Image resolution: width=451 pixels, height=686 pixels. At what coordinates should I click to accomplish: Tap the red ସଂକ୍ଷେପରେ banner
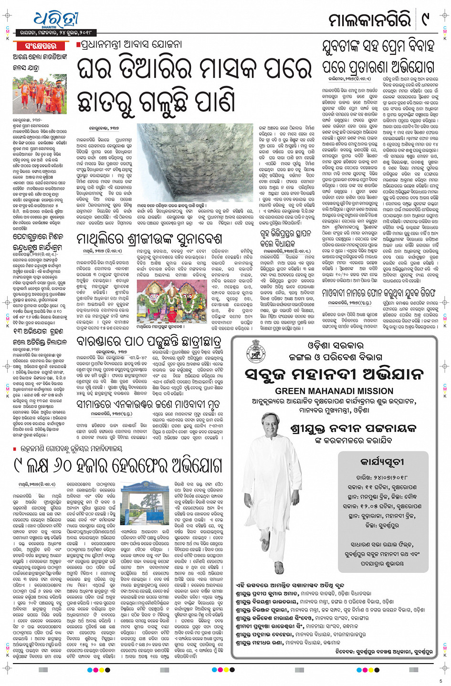(x=41, y=46)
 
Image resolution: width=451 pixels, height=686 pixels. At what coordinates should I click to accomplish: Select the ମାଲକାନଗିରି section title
(x=370, y=20)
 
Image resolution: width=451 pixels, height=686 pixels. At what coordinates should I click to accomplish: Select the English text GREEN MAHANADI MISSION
(x=334, y=391)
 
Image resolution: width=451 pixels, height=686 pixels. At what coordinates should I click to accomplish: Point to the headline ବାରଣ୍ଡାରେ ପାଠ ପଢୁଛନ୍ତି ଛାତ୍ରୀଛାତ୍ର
(x=149, y=341)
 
